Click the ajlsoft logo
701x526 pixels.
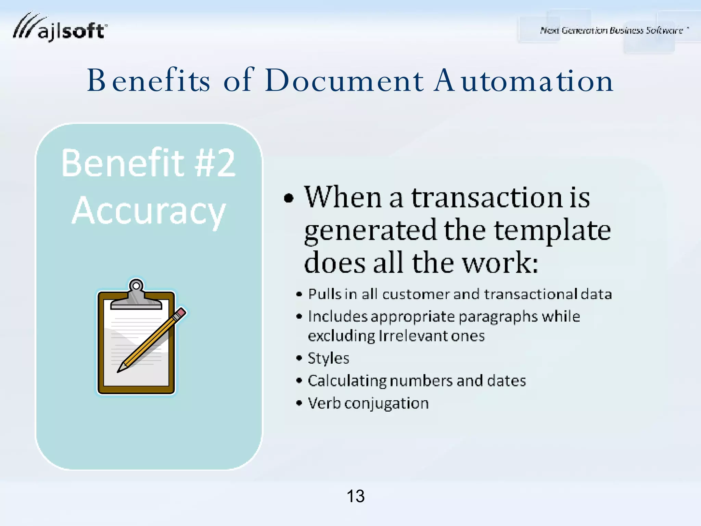pos(60,28)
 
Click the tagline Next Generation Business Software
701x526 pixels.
pos(611,30)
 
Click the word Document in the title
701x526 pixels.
pos(344,81)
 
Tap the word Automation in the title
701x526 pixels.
pos(523,81)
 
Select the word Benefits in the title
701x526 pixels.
pos(149,81)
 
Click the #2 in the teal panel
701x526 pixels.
pos(215,163)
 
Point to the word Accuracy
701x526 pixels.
pos(149,211)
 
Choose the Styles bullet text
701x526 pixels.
pos(328,359)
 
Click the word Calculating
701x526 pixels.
pos(346,381)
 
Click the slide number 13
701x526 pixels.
pos(356,496)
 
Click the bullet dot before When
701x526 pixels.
pos(289,198)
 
